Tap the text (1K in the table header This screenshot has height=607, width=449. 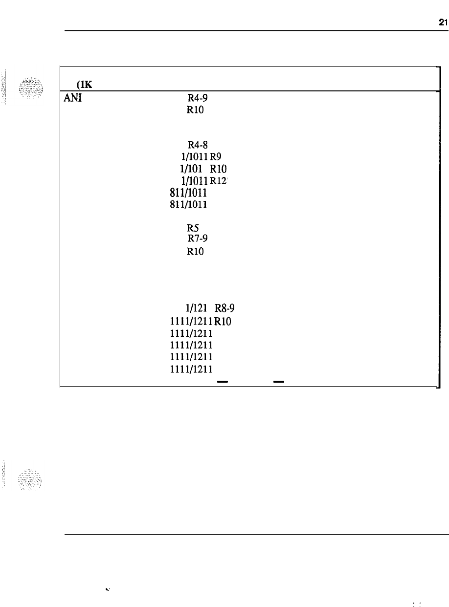tap(78, 84)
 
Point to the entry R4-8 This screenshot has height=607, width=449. tap(196, 144)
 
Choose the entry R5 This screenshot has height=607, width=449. tap(192, 227)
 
